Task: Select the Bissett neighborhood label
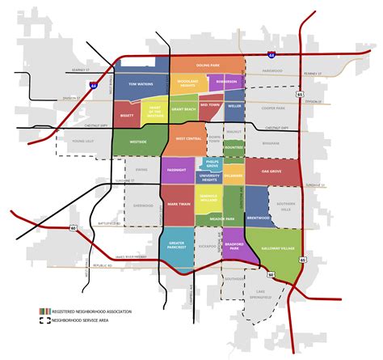127,116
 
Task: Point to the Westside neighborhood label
137,142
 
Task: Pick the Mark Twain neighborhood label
178,204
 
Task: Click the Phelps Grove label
212,165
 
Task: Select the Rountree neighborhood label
234,148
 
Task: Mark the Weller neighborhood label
234,105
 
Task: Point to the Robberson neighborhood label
225,82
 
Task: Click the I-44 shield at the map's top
271,55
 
